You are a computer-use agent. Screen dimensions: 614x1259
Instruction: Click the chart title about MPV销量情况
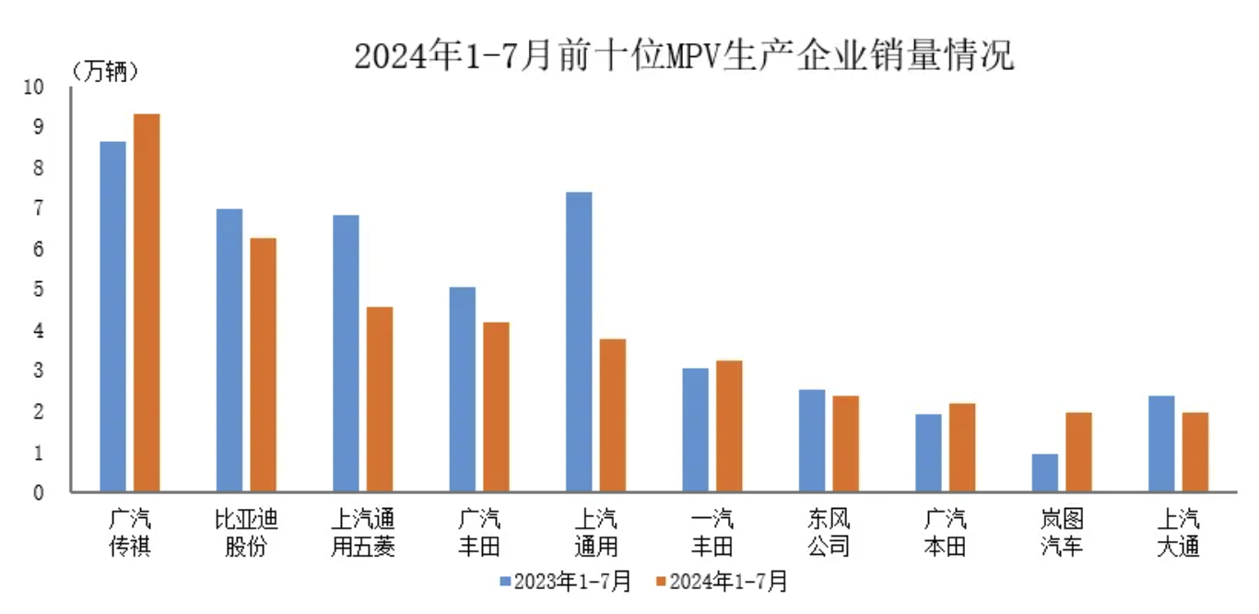tap(683, 56)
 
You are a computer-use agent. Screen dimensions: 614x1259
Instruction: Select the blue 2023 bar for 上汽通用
tap(579, 341)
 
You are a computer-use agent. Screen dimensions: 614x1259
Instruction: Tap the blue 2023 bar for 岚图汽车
tap(1045, 473)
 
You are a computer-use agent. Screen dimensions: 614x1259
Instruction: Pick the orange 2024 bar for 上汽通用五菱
tap(380, 399)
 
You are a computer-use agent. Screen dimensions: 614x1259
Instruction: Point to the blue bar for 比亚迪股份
tap(229, 350)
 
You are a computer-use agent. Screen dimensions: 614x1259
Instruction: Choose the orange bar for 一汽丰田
tap(729, 426)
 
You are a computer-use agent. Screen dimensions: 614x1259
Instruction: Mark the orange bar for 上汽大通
tap(1195, 452)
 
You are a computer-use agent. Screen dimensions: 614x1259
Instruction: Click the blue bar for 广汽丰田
tap(463, 389)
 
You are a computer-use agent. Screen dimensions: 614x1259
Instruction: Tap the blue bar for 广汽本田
tap(929, 453)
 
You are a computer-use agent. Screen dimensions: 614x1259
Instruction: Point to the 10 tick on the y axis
tap(34, 87)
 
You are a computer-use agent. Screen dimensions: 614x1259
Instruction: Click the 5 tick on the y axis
tap(39, 289)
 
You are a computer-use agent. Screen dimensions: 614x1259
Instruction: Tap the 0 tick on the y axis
tap(39, 492)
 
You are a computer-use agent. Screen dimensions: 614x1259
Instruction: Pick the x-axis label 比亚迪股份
tap(246, 532)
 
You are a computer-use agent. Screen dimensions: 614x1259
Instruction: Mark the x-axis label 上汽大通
tap(1179, 532)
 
